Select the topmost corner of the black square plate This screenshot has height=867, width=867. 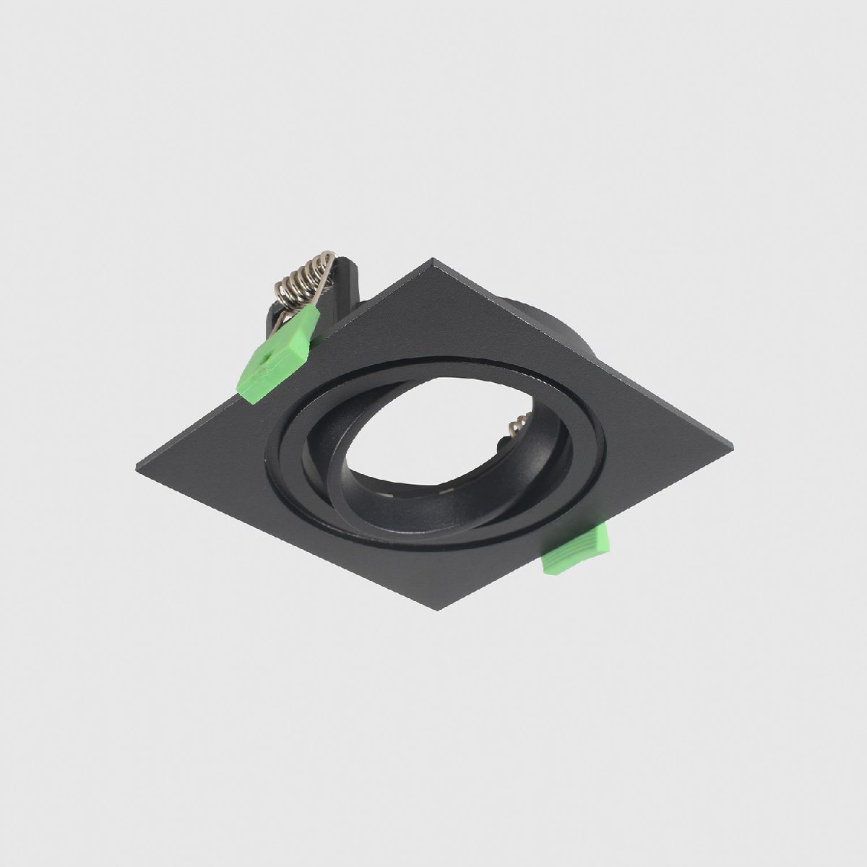point(433,259)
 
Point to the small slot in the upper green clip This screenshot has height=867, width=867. point(267,356)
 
